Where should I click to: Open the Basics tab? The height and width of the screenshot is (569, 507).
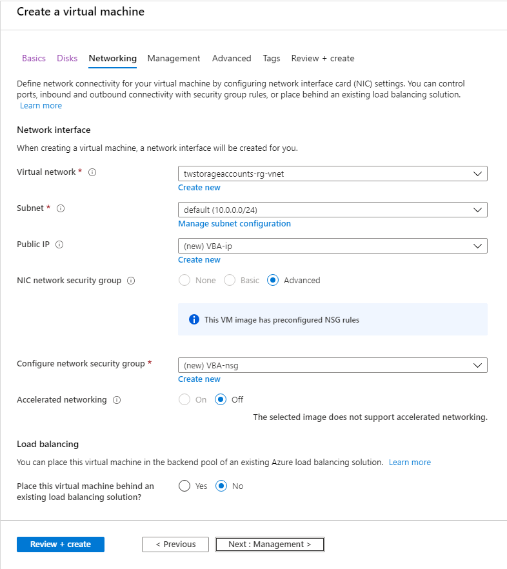34,58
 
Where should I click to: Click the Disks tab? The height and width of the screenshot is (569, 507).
67,58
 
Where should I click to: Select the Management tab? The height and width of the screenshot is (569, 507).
174,58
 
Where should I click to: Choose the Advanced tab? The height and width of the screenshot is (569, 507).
232,58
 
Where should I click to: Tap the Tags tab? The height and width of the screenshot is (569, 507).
272,58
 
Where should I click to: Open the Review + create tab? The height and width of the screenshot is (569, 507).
323,58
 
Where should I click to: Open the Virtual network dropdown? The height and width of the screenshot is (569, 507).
332,174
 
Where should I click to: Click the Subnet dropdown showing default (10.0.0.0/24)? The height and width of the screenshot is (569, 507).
332,210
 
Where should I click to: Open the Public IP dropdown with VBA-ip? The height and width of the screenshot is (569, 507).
332,246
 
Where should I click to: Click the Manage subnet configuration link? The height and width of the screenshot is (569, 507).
234,224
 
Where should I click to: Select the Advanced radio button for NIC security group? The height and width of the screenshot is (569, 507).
273,281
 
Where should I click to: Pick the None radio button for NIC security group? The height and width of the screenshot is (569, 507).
184,281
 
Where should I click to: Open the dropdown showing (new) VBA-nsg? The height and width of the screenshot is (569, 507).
332,365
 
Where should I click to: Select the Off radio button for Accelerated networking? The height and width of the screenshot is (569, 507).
221,400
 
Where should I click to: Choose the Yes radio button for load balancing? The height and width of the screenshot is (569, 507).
184,486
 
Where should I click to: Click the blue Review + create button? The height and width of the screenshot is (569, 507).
61,544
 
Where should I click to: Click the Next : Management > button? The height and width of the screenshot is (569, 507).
270,544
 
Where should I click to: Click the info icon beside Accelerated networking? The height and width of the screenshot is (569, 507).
117,400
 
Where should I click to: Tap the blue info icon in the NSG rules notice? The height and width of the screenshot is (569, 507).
194,320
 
